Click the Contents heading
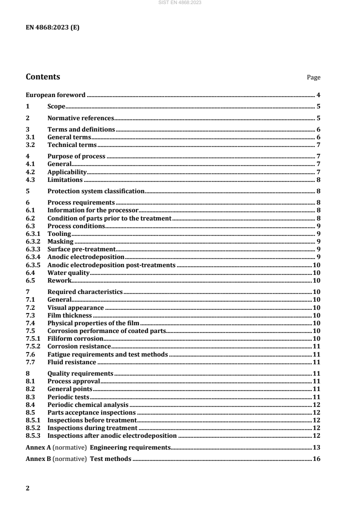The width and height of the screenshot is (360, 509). (x=43, y=76)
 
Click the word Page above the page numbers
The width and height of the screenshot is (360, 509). (x=314, y=78)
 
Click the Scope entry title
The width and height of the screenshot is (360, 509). (x=57, y=107)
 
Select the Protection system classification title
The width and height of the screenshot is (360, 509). (x=96, y=191)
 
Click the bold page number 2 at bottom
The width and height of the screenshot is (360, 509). (x=28, y=488)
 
